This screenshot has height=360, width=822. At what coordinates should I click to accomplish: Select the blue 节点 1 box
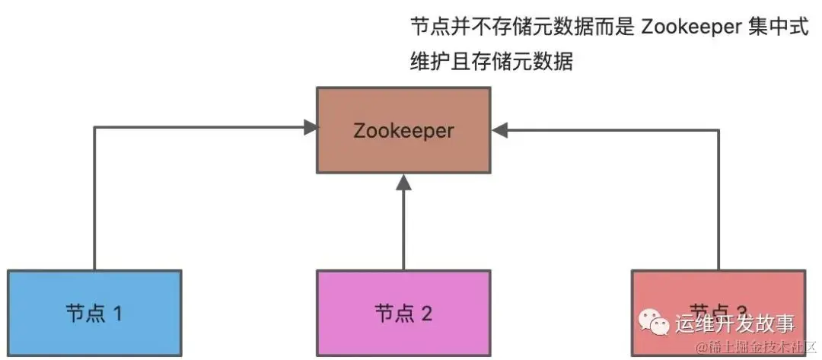(94, 313)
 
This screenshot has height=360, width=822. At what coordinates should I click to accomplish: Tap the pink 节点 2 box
(403, 313)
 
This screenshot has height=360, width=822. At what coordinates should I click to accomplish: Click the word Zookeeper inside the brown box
(403, 130)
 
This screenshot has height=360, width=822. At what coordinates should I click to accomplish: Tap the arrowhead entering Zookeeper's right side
(499, 130)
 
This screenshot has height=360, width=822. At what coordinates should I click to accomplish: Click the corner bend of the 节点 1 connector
(94, 128)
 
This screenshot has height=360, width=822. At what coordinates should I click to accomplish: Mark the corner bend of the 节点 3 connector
(718, 130)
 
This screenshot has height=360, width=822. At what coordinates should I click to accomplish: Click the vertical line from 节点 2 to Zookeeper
(404, 228)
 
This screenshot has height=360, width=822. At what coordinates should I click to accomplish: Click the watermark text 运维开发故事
(734, 323)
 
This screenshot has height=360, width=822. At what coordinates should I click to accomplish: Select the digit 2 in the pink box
(426, 314)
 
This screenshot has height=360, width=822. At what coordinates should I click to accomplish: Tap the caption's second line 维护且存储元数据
(491, 61)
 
